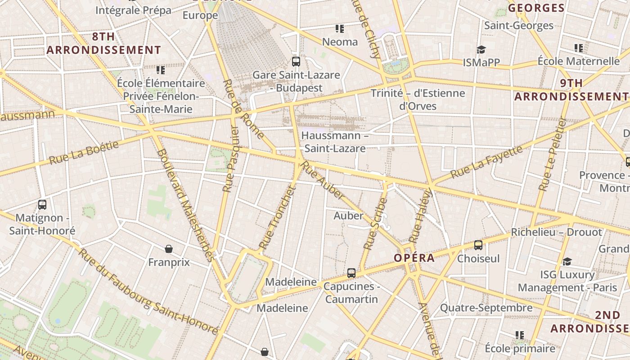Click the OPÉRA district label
coord(414,258)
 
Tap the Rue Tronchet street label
coord(278,218)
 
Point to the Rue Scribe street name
coord(375,224)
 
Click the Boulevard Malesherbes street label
coord(184,205)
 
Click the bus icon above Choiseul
coord(478,245)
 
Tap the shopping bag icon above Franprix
coord(169,249)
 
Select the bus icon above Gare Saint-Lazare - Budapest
coord(296,62)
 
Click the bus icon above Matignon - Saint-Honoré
coord(42,205)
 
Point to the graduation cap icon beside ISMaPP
coord(481,49)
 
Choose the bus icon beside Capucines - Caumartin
coord(351,273)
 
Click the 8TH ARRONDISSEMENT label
coord(103,43)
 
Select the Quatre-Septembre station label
coord(486,308)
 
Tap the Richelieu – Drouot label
coord(556,232)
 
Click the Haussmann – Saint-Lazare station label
coord(335,142)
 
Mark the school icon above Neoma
coord(340,29)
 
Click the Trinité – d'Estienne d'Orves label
coord(418,99)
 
